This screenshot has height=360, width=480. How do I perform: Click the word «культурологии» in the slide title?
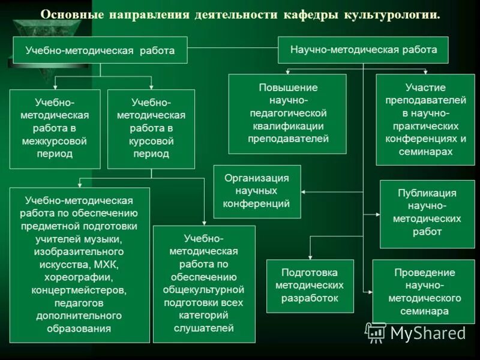(391, 14)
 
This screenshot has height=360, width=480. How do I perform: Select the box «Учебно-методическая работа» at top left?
(100, 50)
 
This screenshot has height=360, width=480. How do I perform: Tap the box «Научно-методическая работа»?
(364, 49)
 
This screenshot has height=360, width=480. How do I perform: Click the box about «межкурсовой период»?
(55, 128)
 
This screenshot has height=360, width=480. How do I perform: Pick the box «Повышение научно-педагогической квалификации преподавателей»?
(288, 113)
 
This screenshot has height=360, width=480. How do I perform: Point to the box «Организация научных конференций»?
(257, 191)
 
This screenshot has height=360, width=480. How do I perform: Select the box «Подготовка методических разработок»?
(310, 286)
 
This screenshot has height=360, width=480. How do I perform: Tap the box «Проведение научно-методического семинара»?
(424, 291)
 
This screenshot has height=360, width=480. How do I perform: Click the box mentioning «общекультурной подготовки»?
(204, 283)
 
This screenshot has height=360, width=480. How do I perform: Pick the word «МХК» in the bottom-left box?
(108, 264)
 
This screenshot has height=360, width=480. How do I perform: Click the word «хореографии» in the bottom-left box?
(79, 277)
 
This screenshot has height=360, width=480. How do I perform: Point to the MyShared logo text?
(427, 333)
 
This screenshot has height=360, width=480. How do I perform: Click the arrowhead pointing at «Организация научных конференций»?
(304, 191)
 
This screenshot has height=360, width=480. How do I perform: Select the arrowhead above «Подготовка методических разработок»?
(310, 256)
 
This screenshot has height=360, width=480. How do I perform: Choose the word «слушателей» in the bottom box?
(204, 328)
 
